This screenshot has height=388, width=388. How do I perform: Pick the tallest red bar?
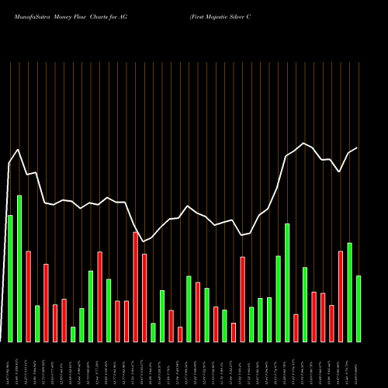pos(135,286)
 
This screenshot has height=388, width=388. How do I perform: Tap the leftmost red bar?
pos(28,296)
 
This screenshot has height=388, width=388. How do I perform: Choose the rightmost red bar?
pos(340,296)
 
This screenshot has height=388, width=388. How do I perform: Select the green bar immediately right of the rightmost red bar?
pos(349,292)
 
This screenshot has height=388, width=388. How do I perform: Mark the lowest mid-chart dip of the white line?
pos(144,241)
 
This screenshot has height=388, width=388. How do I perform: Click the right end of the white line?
pos(358,148)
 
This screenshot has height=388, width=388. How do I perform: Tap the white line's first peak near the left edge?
pos(19,150)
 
